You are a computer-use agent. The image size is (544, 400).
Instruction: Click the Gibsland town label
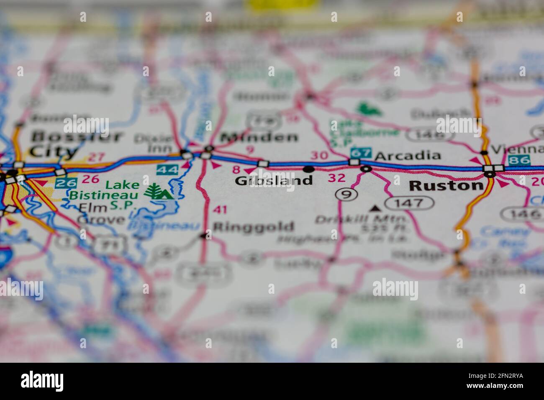point(274,180)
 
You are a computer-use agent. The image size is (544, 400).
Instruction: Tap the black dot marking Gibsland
point(309,169)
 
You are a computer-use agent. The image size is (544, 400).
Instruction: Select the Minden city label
point(259,137)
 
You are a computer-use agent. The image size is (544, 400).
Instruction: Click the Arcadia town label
point(408,156)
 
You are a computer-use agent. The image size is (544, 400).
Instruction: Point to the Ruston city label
point(446,185)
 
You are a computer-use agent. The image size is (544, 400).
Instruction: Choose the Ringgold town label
point(254,227)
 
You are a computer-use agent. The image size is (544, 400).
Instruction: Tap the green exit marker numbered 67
point(361,153)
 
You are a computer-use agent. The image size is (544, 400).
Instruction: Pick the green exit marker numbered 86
point(519,160)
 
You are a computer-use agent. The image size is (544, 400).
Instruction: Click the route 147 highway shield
point(410,203)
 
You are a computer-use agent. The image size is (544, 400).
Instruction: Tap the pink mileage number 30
point(319,156)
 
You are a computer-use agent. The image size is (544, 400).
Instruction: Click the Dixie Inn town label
point(160,143)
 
